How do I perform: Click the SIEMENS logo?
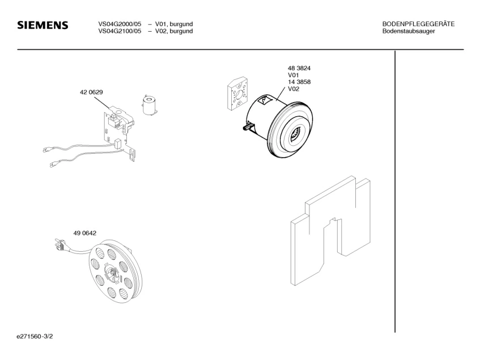[x=43, y=26]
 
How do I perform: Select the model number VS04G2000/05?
[x=120, y=24]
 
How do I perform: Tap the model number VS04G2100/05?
[x=120, y=31]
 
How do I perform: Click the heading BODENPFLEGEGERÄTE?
[x=418, y=24]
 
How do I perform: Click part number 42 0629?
[x=91, y=92]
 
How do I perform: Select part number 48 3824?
[x=299, y=68]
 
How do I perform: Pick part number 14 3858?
[x=299, y=82]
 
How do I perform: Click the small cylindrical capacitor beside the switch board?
[x=150, y=106]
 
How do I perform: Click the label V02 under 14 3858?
[x=294, y=90]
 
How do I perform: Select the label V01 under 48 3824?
[x=294, y=75]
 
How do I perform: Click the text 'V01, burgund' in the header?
[x=174, y=24]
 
